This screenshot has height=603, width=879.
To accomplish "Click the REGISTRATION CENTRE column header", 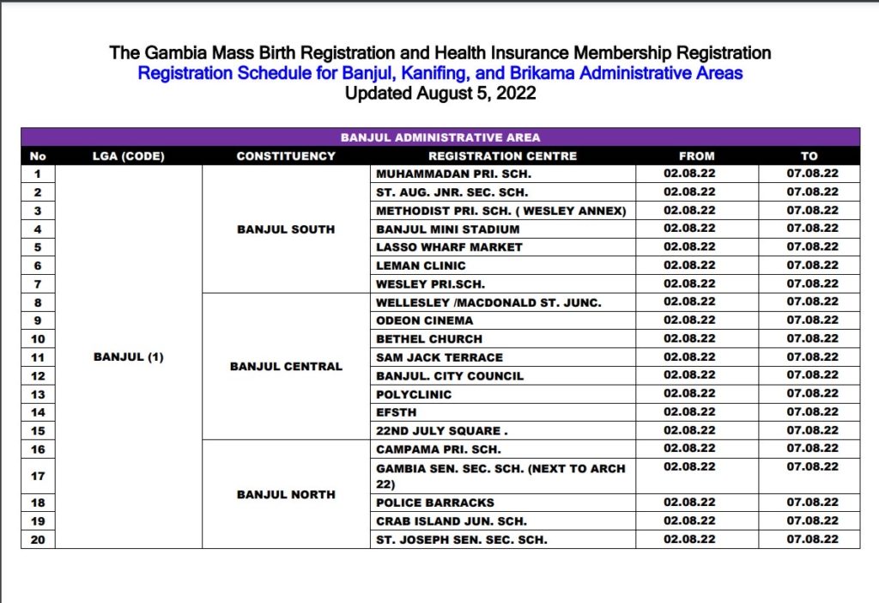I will (502, 156).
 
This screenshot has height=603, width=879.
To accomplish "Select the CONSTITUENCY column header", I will (286, 156).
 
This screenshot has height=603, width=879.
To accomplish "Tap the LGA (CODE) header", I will (128, 156).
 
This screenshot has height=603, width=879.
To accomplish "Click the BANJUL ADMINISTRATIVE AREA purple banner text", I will (440, 137).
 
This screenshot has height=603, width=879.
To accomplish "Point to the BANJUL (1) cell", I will (128, 357).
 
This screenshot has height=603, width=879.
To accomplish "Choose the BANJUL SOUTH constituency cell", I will (286, 229).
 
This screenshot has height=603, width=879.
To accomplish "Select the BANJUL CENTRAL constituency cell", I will (286, 367).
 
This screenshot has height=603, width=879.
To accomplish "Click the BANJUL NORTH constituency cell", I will (286, 495).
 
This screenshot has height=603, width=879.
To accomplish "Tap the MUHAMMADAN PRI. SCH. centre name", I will (448, 174).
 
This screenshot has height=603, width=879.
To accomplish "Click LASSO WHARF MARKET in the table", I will (449, 247).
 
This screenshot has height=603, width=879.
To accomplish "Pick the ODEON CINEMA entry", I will (424, 320).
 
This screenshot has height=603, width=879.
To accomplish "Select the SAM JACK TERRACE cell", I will (439, 357).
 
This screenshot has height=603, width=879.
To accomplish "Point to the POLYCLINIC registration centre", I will (414, 394).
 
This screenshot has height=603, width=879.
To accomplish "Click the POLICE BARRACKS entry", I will (435, 502).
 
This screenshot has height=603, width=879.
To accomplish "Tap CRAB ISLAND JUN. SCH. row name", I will (452, 521).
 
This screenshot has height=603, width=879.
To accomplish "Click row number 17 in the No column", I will (38, 476).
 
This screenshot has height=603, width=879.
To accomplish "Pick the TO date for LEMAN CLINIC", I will (812, 265).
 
